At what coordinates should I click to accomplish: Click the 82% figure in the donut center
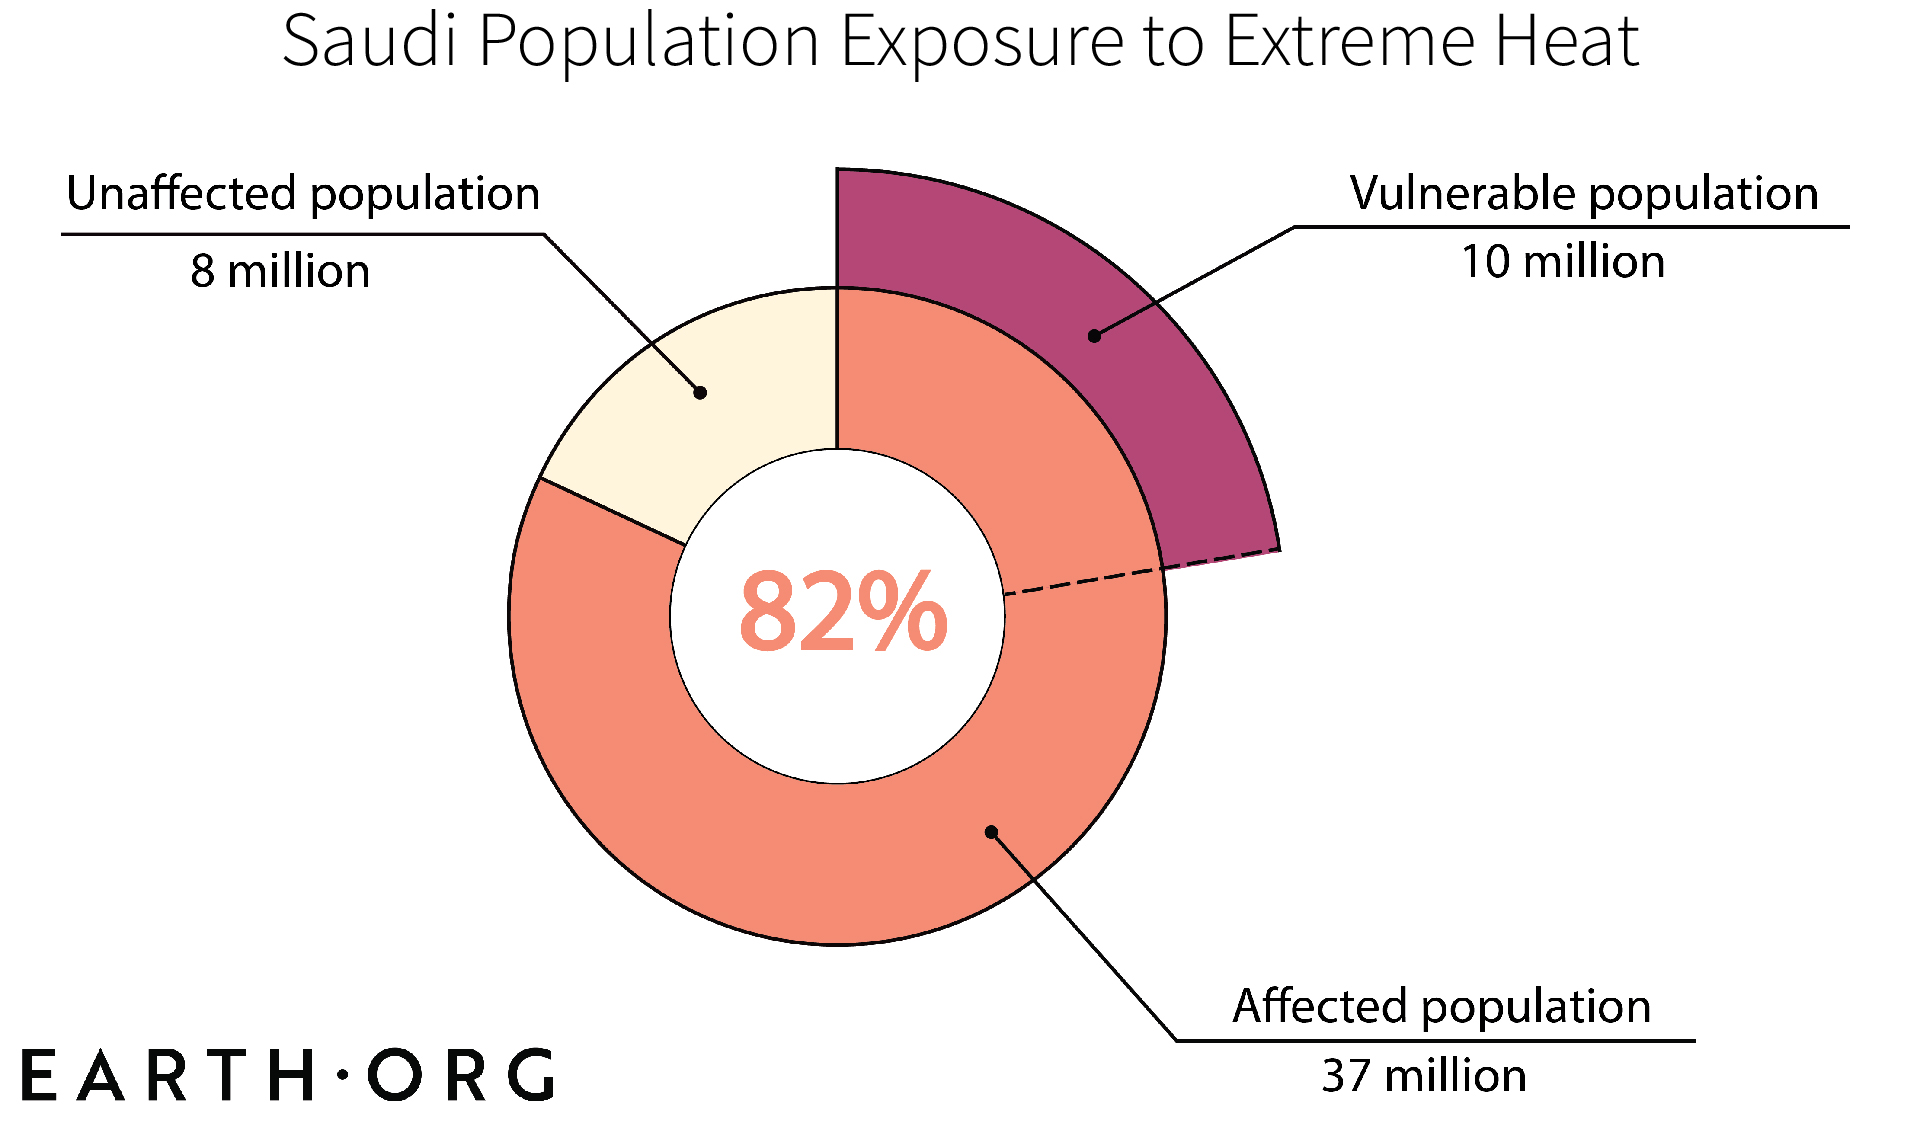(x=843, y=612)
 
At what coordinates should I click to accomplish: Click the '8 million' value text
(x=280, y=271)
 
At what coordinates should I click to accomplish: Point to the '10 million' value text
(x=1563, y=262)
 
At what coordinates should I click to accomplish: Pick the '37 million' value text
(x=1424, y=1076)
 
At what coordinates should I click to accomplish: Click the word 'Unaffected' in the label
(x=181, y=193)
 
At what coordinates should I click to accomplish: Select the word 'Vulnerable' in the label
(x=1461, y=193)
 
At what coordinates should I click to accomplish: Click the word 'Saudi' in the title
(x=369, y=42)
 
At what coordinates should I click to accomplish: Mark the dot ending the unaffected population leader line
(x=700, y=393)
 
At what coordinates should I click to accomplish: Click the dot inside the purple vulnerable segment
(x=1094, y=336)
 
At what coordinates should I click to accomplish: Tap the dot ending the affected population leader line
(x=991, y=832)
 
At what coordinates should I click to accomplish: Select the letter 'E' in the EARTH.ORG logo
(x=38, y=1076)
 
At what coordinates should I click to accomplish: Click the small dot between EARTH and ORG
(x=343, y=1075)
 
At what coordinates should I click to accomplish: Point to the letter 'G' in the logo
(x=531, y=1076)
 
